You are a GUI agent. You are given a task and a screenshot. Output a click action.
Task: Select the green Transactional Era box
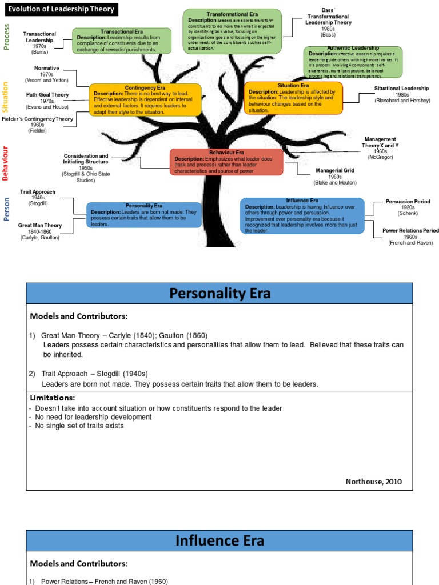[x=122, y=41]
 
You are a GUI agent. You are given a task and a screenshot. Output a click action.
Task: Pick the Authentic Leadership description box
[x=353, y=62]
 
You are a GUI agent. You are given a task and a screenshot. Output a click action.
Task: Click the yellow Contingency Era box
[x=145, y=100]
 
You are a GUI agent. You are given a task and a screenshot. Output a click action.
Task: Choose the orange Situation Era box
[x=293, y=98]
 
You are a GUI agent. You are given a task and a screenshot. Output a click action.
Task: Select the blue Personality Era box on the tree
[x=143, y=214]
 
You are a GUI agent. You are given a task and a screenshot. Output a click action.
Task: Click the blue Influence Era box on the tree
[x=302, y=215]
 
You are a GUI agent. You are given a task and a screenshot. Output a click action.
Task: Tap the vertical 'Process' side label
[x=7, y=37]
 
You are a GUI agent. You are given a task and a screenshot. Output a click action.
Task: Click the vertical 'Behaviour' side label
[x=6, y=163]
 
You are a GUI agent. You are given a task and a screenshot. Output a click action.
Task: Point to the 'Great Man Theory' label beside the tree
[x=40, y=225]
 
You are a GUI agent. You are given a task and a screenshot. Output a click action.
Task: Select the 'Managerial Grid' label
[x=335, y=170]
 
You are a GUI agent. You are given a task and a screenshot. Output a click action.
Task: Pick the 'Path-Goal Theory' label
[x=47, y=95]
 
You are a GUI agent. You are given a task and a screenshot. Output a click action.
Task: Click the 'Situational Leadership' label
[x=401, y=89]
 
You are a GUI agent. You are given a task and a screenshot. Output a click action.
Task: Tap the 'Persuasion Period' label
[x=408, y=202]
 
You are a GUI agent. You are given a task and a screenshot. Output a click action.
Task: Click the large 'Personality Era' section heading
[x=219, y=294]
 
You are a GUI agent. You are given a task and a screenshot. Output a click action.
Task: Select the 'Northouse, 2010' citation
[x=373, y=482]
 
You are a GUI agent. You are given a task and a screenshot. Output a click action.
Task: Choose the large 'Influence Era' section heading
[x=219, y=540]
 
